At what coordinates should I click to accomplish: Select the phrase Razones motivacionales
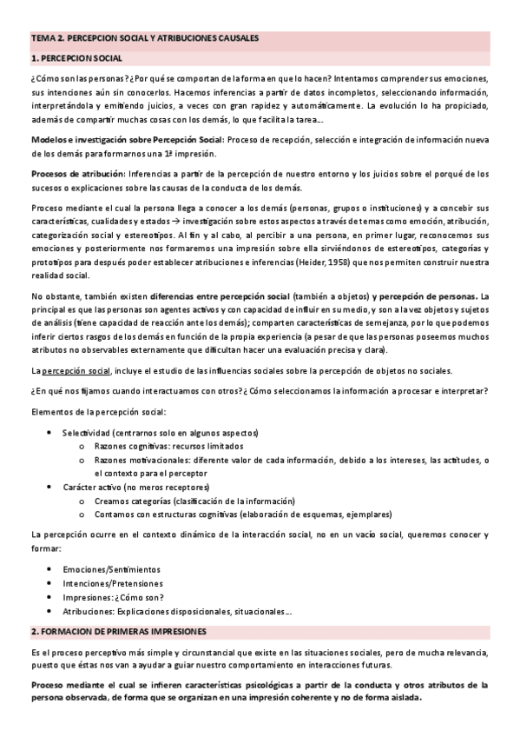pos(140,460)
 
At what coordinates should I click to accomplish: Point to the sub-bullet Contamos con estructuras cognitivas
pos(174,515)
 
